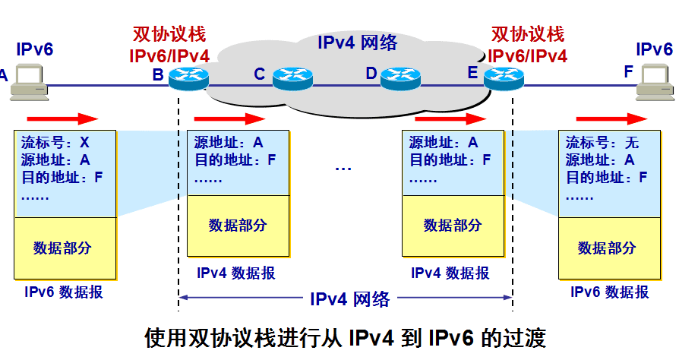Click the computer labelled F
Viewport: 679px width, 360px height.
click(x=655, y=82)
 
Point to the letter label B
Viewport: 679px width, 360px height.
click(x=158, y=74)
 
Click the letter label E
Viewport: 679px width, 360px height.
click(x=472, y=73)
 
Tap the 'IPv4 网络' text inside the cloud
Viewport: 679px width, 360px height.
click(x=357, y=42)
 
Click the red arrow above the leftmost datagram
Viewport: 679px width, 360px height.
click(x=63, y=118)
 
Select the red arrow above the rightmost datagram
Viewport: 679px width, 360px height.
click(x=611, y=118)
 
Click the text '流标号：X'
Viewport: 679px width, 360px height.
click(x=55, y=142)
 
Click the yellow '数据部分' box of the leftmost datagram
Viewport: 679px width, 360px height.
click(x=64, y=248)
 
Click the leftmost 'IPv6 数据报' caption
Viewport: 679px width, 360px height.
click(x=64, y=292)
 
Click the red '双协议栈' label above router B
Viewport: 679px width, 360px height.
click(x=169, y=34)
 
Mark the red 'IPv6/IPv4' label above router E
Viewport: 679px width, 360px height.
click(x=528, y=55)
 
